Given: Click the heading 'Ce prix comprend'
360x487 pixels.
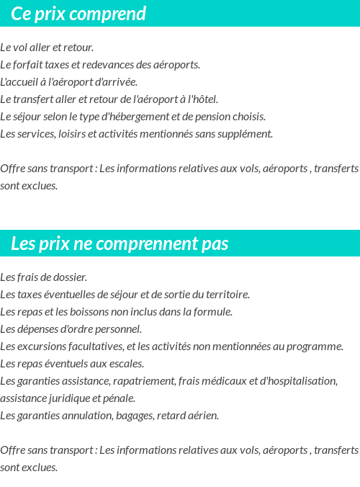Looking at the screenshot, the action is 78,14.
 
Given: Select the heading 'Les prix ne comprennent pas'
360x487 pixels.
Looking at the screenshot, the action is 120,243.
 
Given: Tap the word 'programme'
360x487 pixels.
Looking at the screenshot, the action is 315,347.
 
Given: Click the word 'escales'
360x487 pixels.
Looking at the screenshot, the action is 125,364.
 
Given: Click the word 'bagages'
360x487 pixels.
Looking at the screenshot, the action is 130,416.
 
